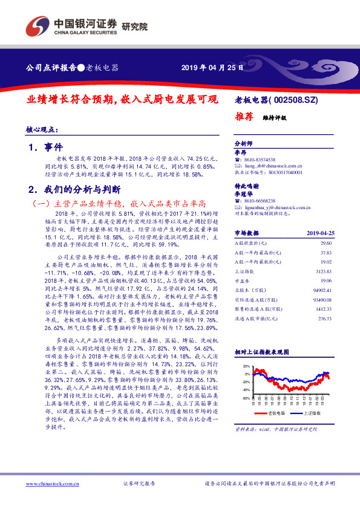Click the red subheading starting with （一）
[x=123, y=204]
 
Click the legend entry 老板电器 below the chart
[x=274, y=413]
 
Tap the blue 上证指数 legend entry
[x=315, y=413]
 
